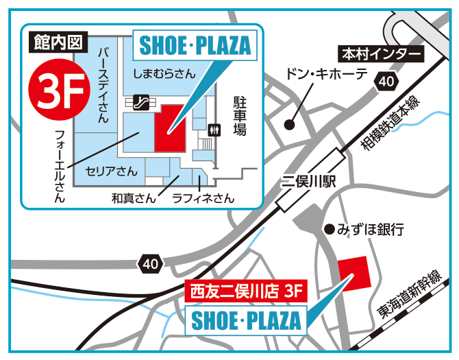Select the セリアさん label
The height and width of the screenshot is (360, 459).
click(111, 170)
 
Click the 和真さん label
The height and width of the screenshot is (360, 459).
click(134, 198)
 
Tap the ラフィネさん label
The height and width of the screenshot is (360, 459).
click(203, 198)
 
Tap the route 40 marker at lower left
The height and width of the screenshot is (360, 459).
click(150, 263)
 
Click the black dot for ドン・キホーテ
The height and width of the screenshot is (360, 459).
click(289, 125)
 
